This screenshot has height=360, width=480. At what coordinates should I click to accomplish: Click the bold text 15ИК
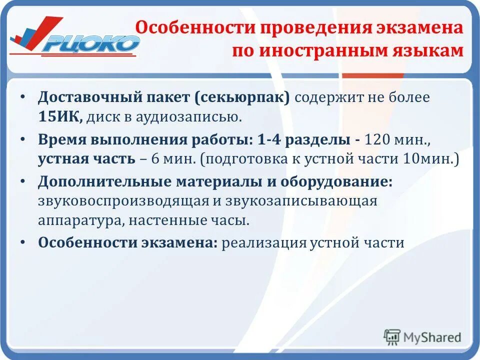pyautogui.click(x=60, y=117)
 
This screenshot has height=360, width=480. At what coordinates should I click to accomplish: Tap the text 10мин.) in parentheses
pyautogui.click(x=431, y=159)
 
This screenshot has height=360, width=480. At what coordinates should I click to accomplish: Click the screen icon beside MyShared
pyautogui.click(x=392, y=337)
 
